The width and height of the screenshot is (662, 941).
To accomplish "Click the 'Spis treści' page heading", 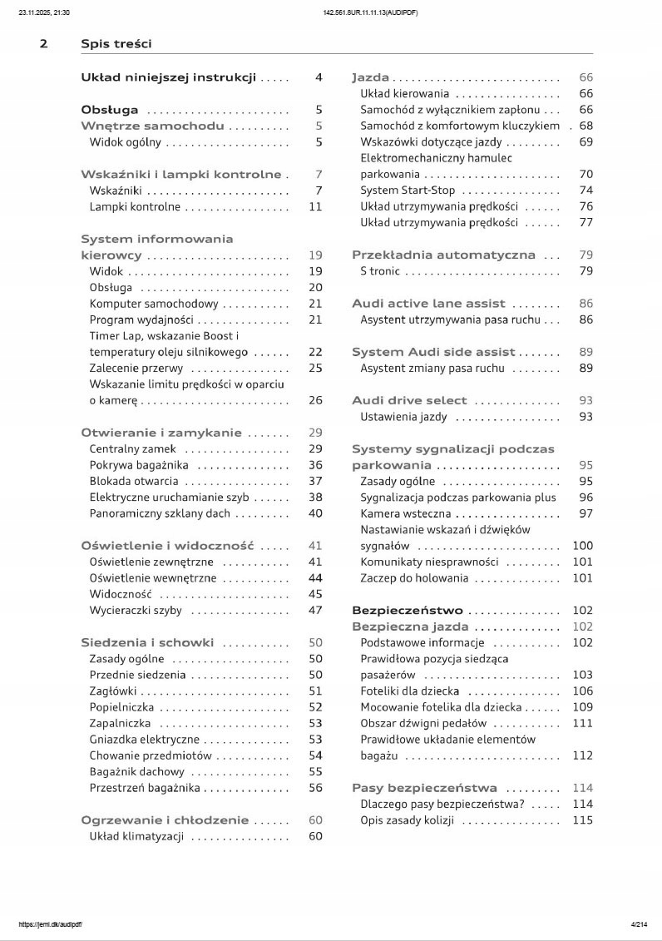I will pos(116,43).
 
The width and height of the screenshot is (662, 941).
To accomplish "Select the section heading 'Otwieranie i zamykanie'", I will pos(161,433).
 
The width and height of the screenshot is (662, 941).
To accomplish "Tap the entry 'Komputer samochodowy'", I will pos(154,304).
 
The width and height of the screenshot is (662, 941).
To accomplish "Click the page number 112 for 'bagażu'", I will pos(582,755).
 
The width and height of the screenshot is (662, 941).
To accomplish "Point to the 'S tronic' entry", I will pos(380,271).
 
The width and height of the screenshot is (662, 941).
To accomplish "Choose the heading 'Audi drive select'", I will pos(409,400).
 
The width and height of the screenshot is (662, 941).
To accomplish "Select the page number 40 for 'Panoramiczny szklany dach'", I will pos(315,513).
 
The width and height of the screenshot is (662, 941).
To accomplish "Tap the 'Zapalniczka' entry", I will pos(120,723).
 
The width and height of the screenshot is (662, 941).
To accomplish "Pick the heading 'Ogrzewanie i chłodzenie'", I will pos(165,820).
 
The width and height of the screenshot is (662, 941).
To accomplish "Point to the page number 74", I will pos(585,191).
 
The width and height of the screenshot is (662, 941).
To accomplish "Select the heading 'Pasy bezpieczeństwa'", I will pos(424,788).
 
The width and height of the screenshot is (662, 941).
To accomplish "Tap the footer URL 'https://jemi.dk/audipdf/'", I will pos(50,924).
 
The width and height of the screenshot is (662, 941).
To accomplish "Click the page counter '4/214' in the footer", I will pos(640,924).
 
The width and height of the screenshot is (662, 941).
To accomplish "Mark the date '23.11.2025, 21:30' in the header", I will pos(44,12).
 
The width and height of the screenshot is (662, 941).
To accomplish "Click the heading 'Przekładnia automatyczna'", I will pos(443,255).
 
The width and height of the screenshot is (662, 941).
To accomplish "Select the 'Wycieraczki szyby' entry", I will pos(136,610).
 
